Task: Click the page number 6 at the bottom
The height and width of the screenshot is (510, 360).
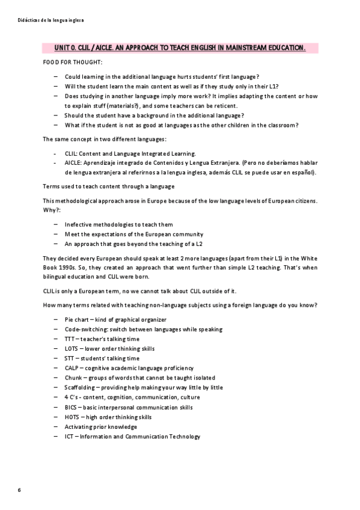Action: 19,491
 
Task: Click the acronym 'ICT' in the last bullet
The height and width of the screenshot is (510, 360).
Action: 69,437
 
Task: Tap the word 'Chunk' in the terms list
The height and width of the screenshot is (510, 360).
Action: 73,378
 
